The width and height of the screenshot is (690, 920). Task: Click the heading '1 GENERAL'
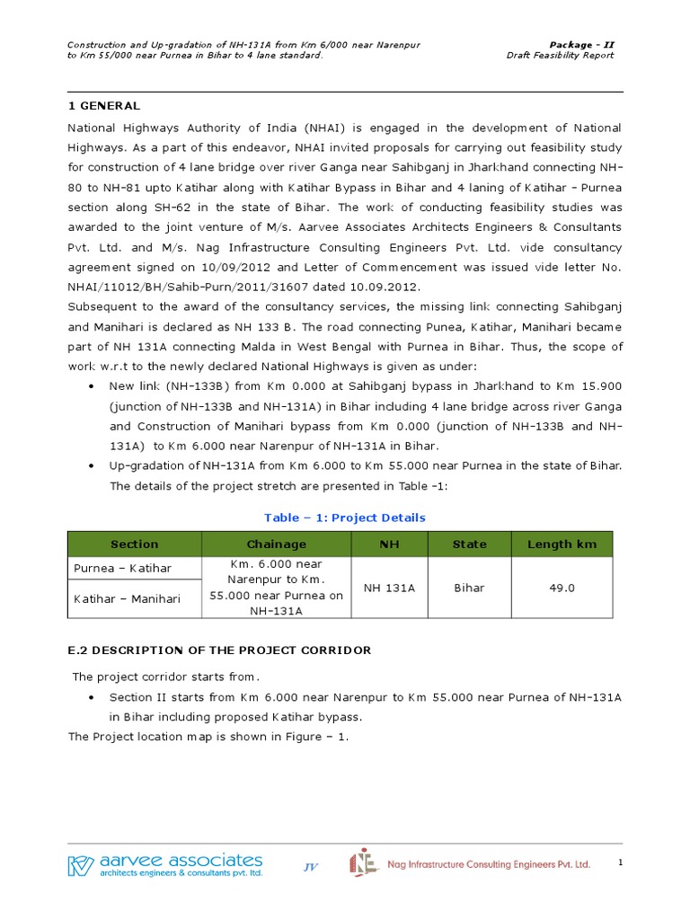[x=104, y=106]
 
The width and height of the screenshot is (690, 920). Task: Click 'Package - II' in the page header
[x=581, y=44]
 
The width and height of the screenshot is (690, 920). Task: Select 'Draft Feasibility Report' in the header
[x=560, y=56]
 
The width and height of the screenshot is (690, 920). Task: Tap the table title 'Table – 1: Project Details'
[x=344, y=517]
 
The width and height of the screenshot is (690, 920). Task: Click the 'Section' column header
[x=135, y=544]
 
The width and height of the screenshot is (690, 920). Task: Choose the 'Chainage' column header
[x=276, y=544]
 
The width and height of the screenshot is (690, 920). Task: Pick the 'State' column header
[x=469, y=544]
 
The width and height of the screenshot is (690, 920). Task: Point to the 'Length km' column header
[x=562, y=544]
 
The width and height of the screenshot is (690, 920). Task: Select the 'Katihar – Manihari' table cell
[x=127, y=598]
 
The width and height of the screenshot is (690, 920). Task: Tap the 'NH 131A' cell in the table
[x=388, y=588]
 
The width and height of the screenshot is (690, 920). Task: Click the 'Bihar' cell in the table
[x=469, y=588]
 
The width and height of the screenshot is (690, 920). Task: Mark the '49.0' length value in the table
[x=562, y=588]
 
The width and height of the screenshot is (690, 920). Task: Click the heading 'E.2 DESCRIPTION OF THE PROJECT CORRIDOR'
[x=220, y=650]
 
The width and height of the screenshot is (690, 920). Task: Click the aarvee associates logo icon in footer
[x=81, y=865]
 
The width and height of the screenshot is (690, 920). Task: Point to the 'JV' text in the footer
[x=311, y=867]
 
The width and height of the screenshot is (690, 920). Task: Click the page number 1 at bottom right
[x=620, y=862]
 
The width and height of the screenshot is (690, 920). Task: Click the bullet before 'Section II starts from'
[x=93, y=698]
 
